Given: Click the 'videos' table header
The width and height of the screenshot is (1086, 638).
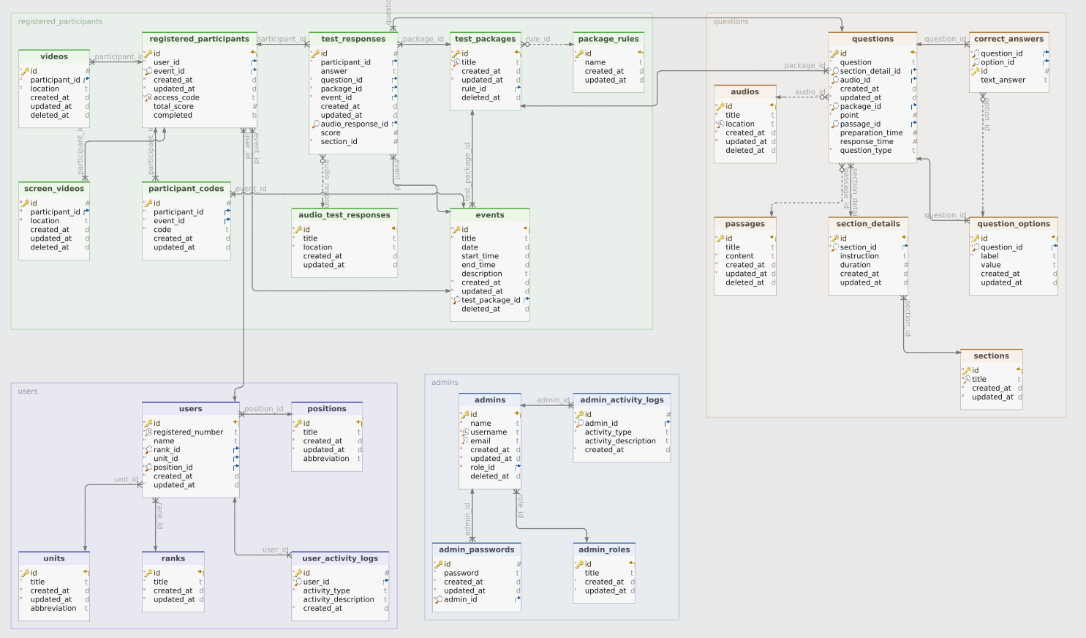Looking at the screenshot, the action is (54, 56).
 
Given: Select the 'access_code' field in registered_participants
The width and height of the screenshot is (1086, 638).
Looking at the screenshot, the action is (176, 97).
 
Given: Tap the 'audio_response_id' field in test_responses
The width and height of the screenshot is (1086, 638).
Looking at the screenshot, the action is (354, 124).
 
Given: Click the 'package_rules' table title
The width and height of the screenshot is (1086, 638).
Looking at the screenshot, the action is (608, 39).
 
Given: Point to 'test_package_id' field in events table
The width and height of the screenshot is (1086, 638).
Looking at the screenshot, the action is (491, 300).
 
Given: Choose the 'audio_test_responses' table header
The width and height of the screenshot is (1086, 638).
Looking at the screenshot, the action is (344, 215).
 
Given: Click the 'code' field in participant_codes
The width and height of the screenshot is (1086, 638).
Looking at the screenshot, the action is (162, 230).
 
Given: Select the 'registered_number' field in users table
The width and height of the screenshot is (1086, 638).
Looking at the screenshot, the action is (188, 432).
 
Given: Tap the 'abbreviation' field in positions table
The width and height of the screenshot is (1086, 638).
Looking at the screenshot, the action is (326, 459).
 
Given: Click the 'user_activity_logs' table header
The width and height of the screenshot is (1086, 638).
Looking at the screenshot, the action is (340, 558).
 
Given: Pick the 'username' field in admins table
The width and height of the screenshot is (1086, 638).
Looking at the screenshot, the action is (489, 432).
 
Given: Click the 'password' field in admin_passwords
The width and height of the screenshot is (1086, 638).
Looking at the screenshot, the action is (461, 573).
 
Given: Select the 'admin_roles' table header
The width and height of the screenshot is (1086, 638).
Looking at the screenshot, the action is (604, 549).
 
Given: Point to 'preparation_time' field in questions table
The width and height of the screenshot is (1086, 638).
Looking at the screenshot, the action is (871, 133).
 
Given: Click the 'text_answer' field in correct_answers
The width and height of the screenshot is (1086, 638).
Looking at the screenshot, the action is (1003, 80).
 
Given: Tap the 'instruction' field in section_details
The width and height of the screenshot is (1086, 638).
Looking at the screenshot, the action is (859, 256).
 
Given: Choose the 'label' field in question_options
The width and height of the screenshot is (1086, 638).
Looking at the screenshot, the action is (989, 256).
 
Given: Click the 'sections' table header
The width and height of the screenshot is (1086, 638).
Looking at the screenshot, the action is (991, 356).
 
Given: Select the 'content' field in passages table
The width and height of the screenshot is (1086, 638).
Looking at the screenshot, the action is (739, 256).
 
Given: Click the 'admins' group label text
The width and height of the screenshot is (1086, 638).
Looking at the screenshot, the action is (445, 382).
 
